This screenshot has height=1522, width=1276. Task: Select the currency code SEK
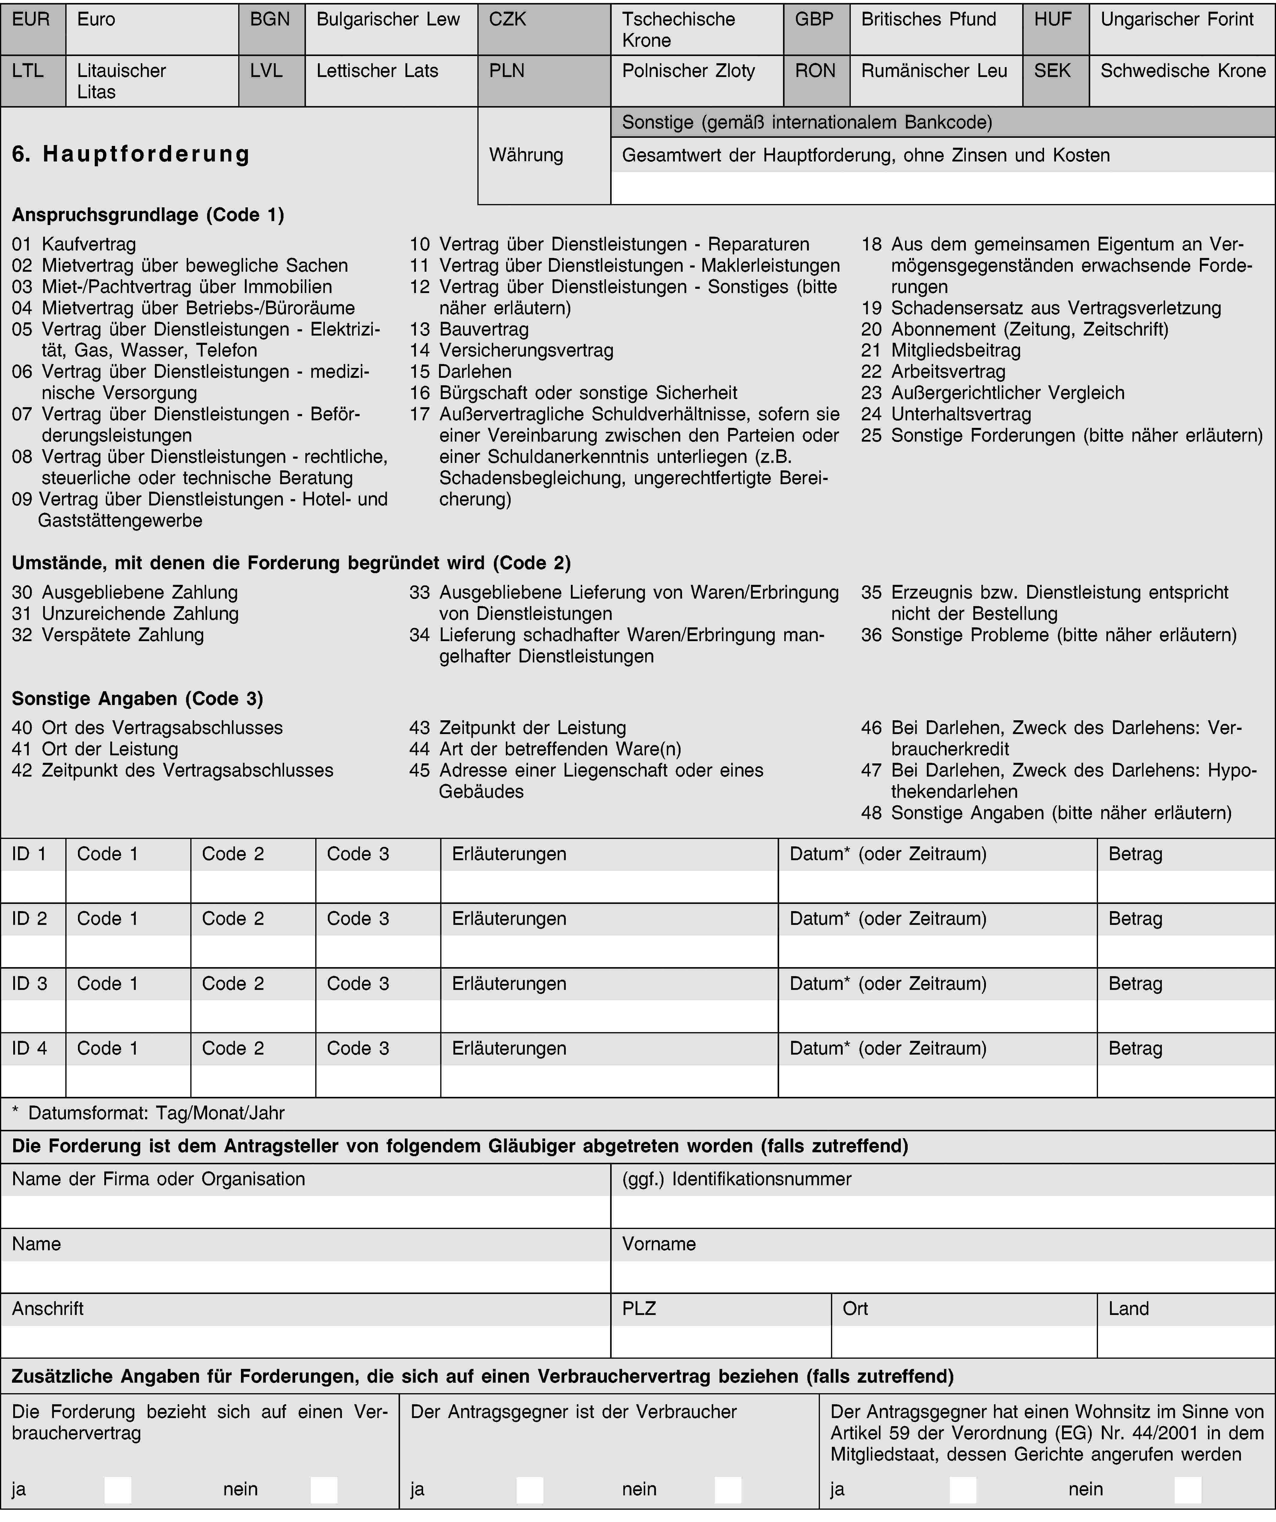click(1055, 80)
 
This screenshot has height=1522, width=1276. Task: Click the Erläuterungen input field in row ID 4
click(609, 1081)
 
